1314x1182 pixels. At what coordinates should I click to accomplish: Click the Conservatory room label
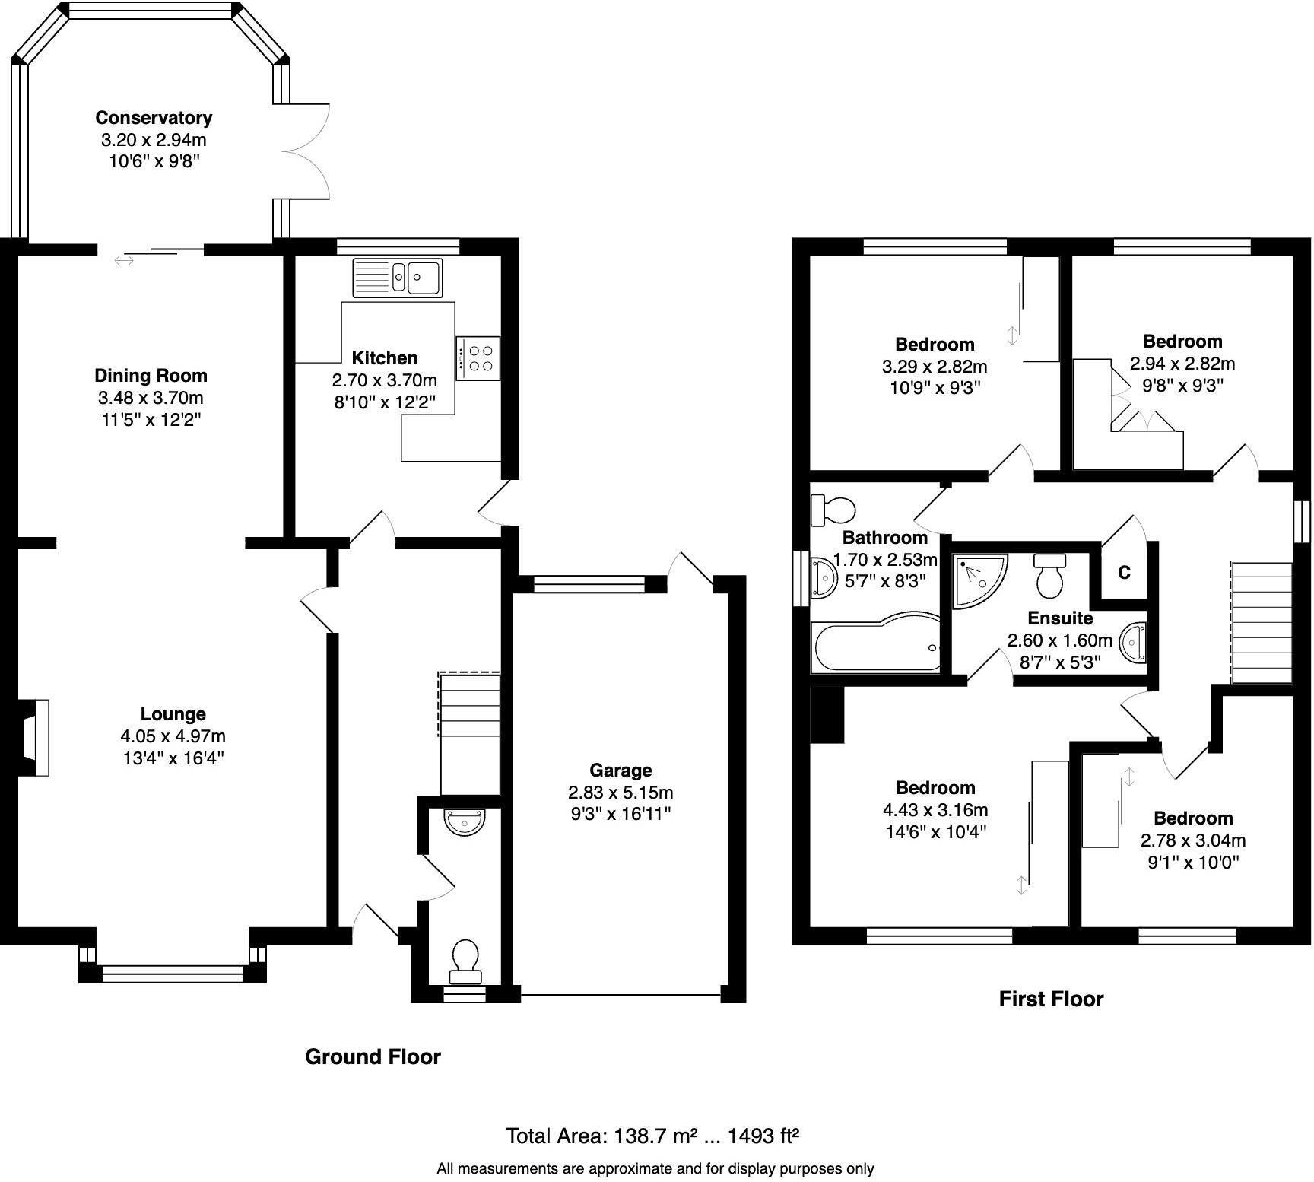click(x=154, y=118)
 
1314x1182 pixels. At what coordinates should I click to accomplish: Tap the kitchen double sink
click(x=397, y=278)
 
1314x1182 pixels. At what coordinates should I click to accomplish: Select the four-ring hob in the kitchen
click(x=479, y=358)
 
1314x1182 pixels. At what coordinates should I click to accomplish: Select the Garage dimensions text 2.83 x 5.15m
click(x=620, y=792)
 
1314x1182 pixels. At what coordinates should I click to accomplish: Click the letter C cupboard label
click(x=1124, y=573)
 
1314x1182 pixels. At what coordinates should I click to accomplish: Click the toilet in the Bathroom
click(x=833, y=509)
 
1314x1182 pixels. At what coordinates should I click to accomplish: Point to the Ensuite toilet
click(x=1050, y=577)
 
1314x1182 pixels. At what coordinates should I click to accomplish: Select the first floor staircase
click(x=1262, y=622)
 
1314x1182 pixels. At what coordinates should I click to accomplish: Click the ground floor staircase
click(x=470, y=734)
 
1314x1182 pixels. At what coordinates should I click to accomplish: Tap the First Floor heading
click(x=1051, y=999)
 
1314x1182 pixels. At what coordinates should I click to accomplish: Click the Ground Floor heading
click(x=373, y=1056)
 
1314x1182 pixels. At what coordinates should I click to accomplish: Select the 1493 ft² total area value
click(x=763, y=1136)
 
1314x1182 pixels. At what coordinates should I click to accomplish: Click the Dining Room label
click(x=151, y=375)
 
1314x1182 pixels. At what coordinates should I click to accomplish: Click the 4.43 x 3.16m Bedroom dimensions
click(x=935, y=810)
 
